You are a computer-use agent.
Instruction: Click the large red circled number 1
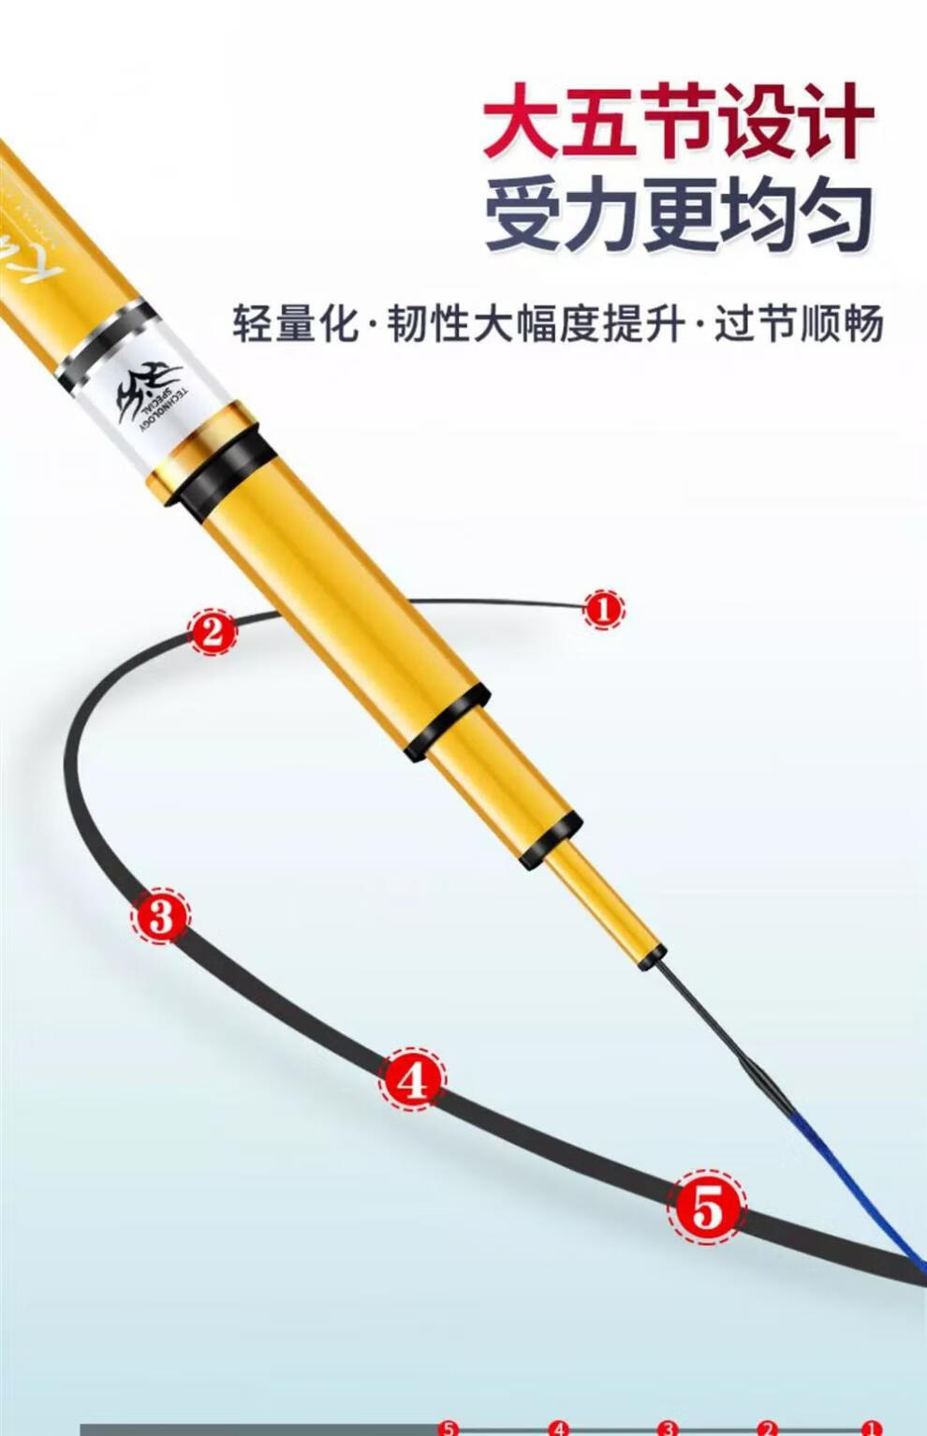[603, 610]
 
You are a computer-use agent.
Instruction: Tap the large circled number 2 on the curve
[213, 632]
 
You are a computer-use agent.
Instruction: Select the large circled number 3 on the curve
[160, 915]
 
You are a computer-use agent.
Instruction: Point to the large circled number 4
[412, 1081]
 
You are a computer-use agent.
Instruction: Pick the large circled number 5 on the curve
[707, 1207]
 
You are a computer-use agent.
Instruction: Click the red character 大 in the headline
[521, 123]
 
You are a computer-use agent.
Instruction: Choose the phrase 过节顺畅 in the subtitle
[798, 324]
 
